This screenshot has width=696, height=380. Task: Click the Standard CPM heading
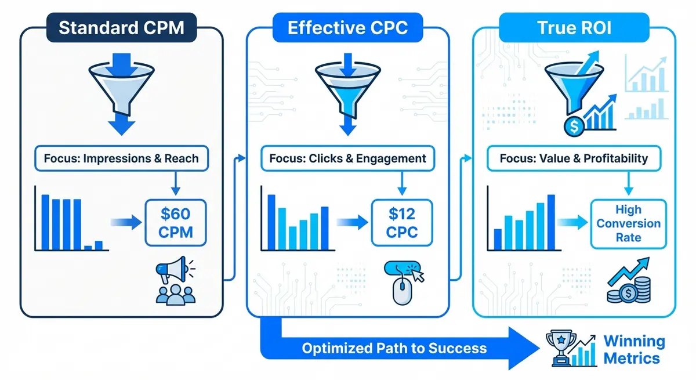(x=121, y=28)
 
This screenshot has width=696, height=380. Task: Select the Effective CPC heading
(x=347, y=28)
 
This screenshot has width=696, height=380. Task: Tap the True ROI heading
(x=574, y=28)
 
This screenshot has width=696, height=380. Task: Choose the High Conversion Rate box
(x=629, y=224)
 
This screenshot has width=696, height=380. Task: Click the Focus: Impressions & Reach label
(x=121, y=158)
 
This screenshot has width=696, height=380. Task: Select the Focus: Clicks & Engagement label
(x=347, y=158)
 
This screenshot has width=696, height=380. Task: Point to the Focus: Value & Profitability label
(x=574, y=158)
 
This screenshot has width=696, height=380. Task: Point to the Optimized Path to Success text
(x=394, y=348)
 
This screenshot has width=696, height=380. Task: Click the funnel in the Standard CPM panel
(x=121, y=87)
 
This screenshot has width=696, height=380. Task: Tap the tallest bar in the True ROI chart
(x=551, y=223)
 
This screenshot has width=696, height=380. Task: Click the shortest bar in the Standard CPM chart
(x=88, y=248)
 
